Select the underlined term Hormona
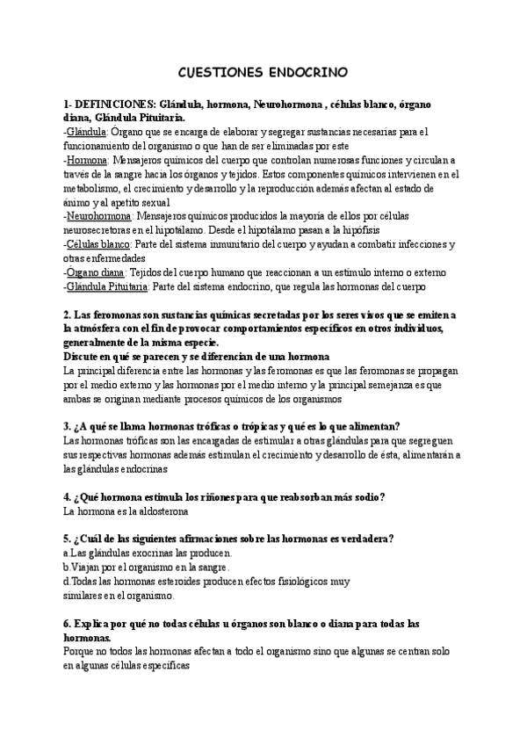(x=88, y=161)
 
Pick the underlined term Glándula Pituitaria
(x=107, y=286)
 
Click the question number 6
(x=69, y=623)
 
